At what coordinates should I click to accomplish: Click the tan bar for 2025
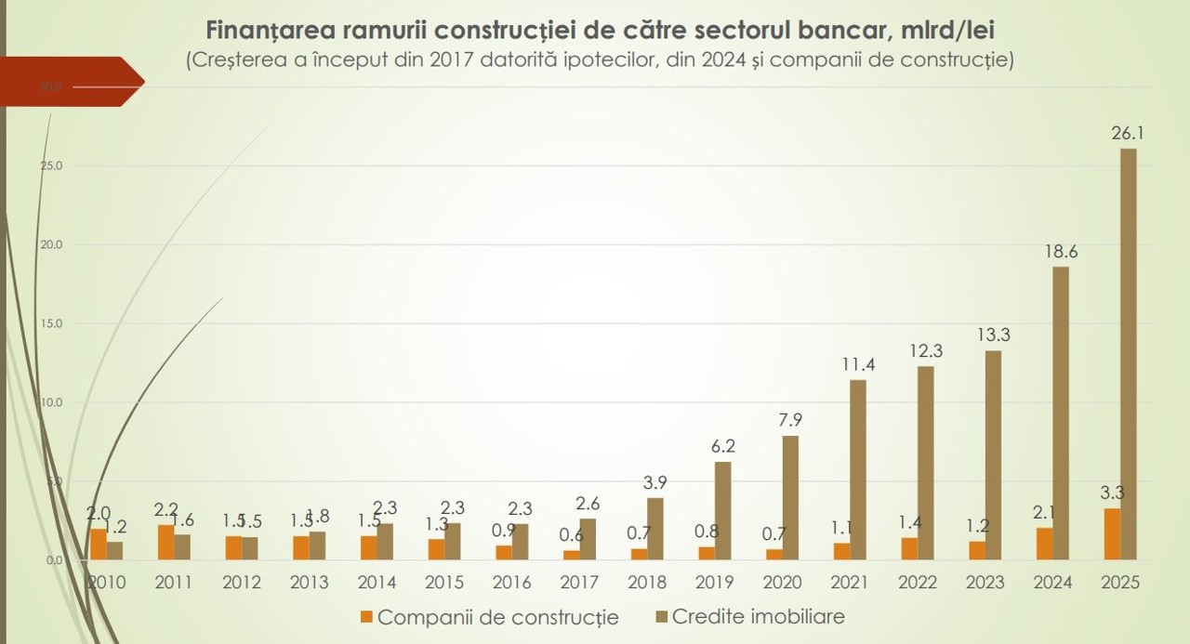point(1128,353)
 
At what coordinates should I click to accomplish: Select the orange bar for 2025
point(1112,533)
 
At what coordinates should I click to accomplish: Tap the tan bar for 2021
point(857,469)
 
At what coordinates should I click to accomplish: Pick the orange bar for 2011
point(165,542)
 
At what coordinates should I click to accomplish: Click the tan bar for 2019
point(722,510)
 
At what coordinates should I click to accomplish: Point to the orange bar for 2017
point(571,554)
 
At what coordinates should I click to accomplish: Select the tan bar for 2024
point(1061,413)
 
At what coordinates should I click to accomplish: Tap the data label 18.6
point(1060,251)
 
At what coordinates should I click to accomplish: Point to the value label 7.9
point(789,420)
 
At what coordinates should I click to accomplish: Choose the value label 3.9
point(654,482)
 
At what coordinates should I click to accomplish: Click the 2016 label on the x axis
point(511,583)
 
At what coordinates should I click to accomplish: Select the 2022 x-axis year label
point(917,583)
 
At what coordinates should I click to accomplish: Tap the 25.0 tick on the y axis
point(51,165)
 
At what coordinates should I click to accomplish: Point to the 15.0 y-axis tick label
point(51,323)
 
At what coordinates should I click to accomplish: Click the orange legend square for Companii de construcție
point(365,616)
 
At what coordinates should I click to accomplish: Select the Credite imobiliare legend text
point(758,616)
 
